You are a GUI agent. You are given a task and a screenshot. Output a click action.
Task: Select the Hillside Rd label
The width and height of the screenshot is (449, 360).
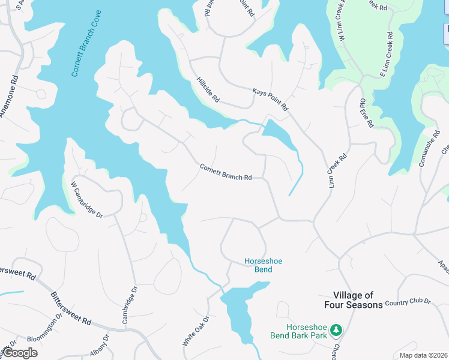click(x=208, y=89)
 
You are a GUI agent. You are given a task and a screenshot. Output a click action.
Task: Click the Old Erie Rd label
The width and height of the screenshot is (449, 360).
click(x=366, y=113)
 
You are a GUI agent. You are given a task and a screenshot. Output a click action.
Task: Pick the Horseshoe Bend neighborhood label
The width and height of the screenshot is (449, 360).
click(x=263, y=265)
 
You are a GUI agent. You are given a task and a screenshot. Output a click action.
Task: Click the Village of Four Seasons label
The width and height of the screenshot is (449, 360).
click(x=358, y=300)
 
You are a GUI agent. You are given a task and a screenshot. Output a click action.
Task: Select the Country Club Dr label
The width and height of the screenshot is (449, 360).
click(x=408, y=302)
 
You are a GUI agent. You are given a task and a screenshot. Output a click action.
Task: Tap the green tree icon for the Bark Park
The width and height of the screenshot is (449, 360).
click(x=337, y=331)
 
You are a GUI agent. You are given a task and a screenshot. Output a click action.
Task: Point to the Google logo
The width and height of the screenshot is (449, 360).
click(x=20, y=353)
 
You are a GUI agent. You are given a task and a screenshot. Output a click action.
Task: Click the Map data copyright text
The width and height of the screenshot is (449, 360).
click(x=424, y=355)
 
